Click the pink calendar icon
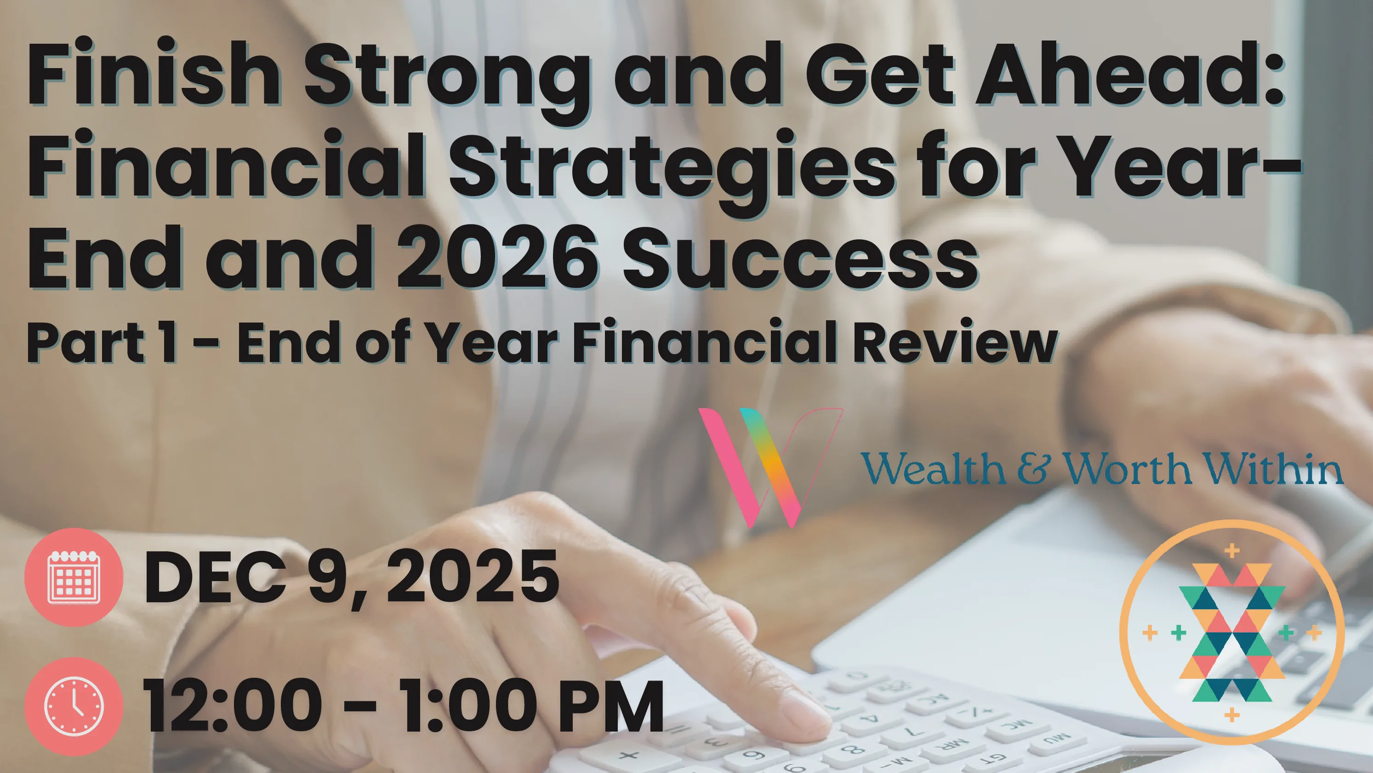[74, 577]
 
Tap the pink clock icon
[74, 706]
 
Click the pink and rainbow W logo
[769, 468]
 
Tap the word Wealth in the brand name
[933, 468]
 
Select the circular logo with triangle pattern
[1232, 633]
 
